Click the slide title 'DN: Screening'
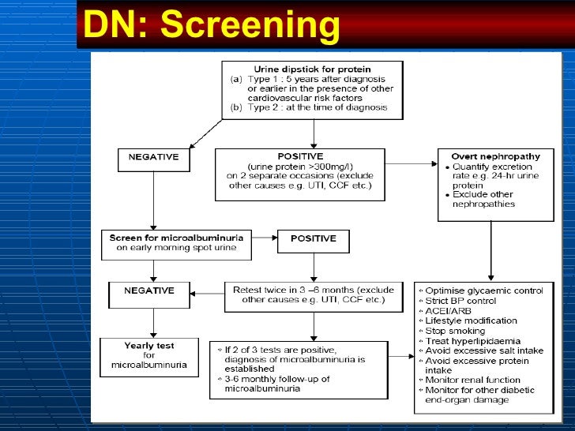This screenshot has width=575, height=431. pos(212,26)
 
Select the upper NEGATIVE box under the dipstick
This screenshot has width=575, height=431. pos(153,157)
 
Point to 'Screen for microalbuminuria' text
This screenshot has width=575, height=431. pos(176,236)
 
